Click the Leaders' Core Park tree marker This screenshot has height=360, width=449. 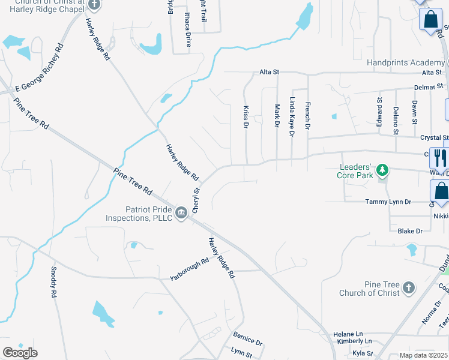382,172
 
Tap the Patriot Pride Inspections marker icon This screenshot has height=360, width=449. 181,212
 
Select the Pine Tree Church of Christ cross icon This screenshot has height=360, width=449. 408,287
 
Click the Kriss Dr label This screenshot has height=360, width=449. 246,117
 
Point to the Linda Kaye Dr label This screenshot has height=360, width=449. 292,117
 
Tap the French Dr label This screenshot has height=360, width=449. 307,116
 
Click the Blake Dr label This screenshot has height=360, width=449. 410,231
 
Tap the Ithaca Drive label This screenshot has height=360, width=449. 188,32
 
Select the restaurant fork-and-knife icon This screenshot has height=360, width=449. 439,158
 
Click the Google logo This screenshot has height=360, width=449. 20,353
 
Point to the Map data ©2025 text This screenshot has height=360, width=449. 424,355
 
